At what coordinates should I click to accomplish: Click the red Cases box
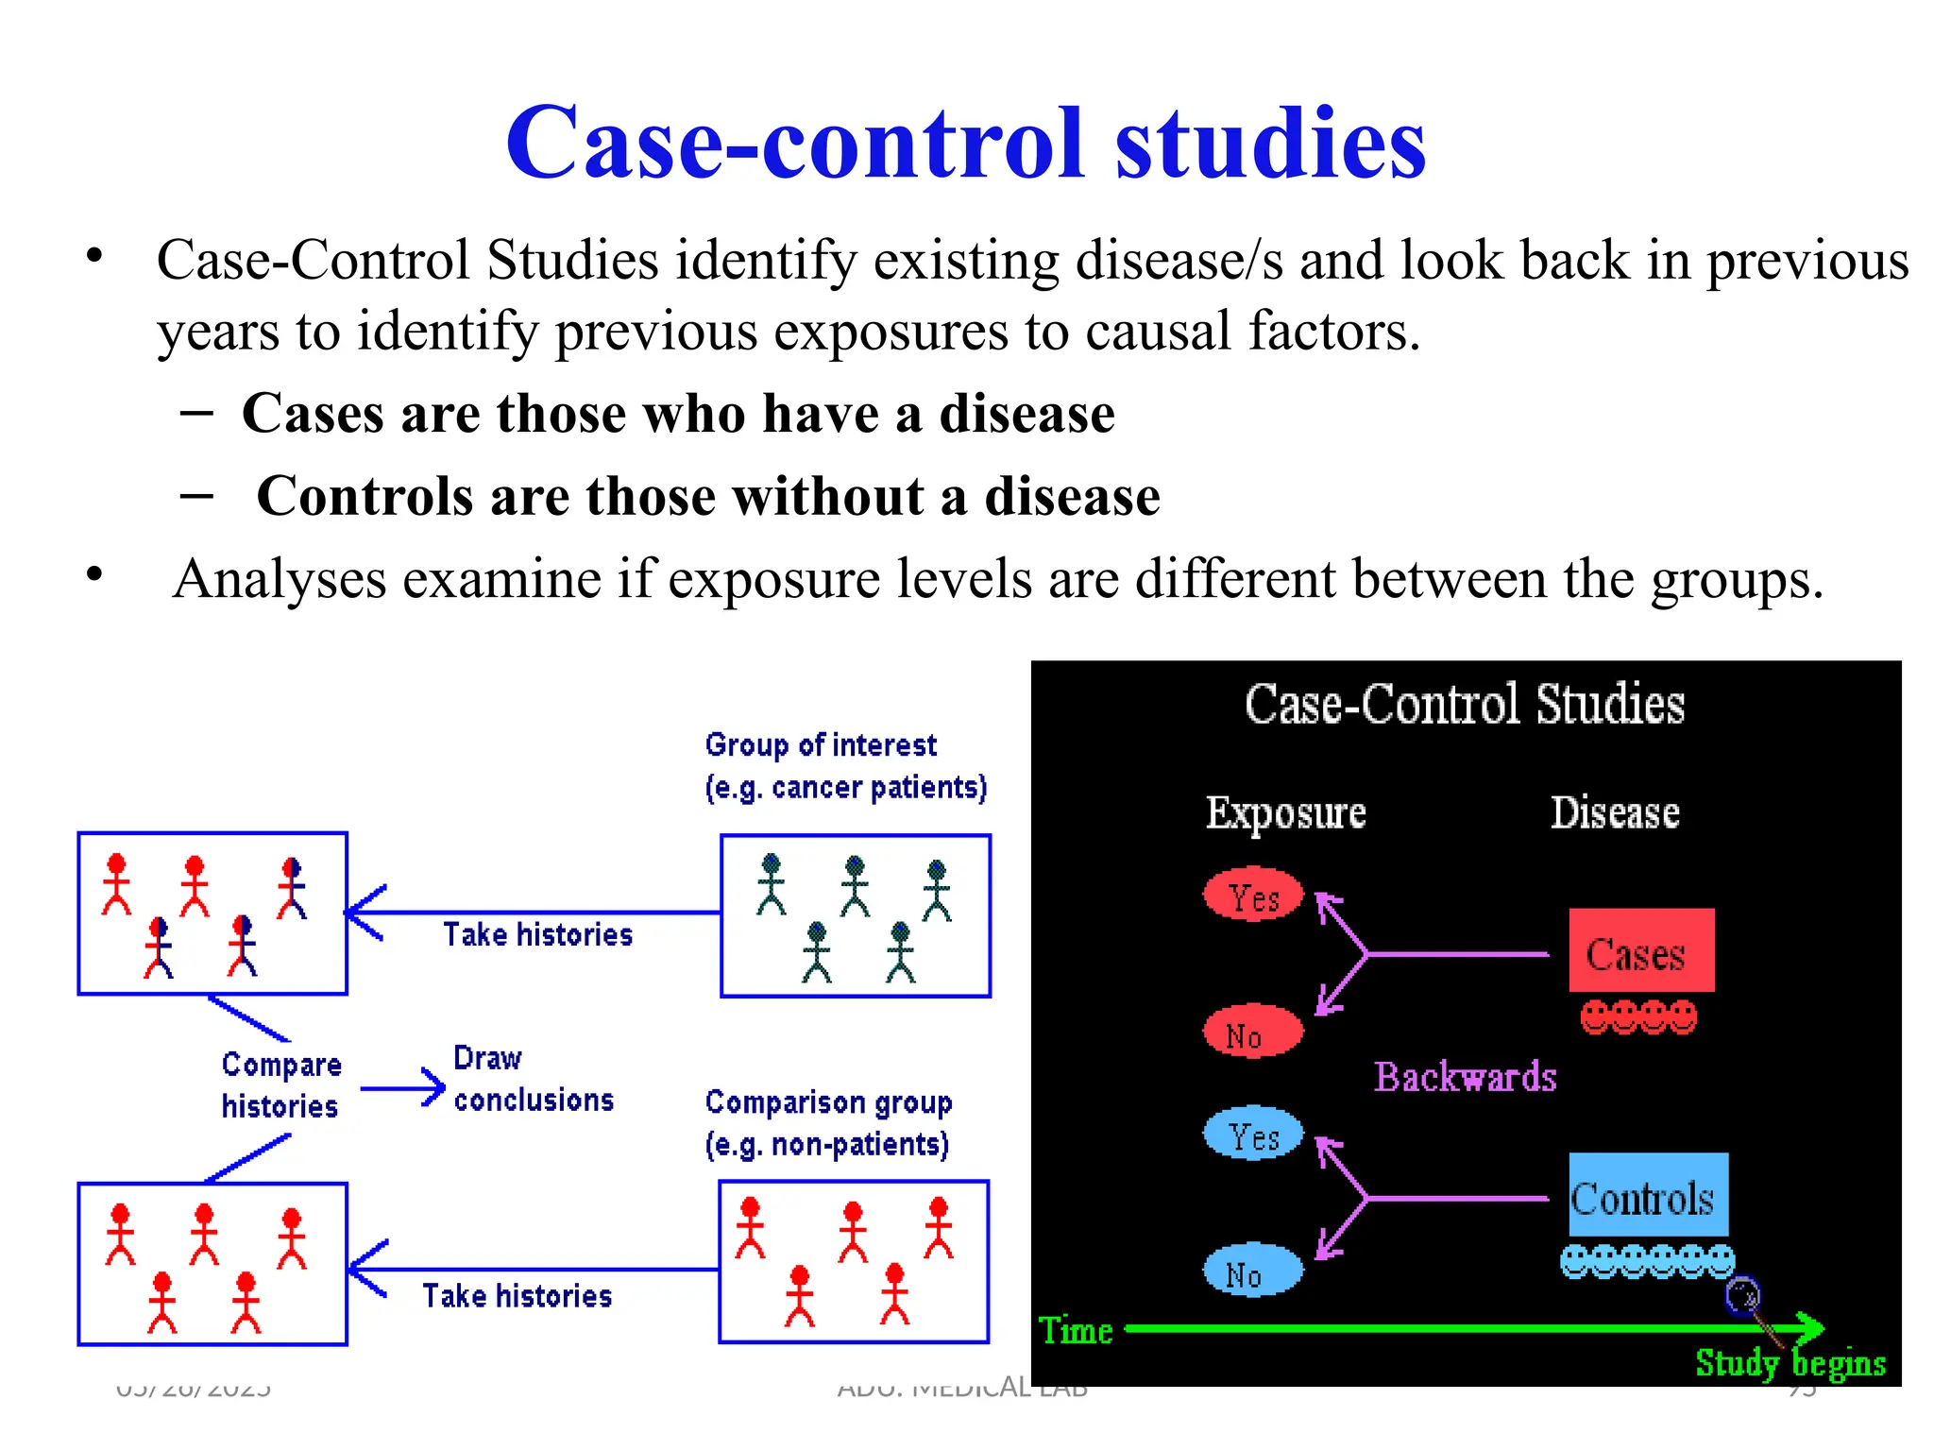click(x=1641, y=950)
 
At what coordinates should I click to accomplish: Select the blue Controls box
click(x=1648, y=1194)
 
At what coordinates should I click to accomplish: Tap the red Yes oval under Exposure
click(x=1253, y=894)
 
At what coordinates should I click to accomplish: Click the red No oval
click(x=1253, y=1032)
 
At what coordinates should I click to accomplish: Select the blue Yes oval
click(x=1253, y=1133)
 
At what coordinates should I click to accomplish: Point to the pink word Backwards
click(x=1465, y=1077)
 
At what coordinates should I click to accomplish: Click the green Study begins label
click(x=1790, y=1362)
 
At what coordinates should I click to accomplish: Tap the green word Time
click(x=1076, y=1330)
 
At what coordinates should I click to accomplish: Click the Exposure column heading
click(x=1285, y=812)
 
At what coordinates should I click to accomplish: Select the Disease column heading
click(x=1615, y=812)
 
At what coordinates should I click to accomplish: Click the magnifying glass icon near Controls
click(x=1742, y=1295)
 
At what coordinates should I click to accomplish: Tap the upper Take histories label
click(x=537, y=934)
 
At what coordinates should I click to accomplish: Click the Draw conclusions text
click(x=533, y=1079)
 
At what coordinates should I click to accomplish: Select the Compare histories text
click(x=280, y=1084)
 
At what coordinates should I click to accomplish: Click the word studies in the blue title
click(x=1270, y=144)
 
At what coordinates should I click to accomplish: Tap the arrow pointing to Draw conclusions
click(x=403, y=1088)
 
